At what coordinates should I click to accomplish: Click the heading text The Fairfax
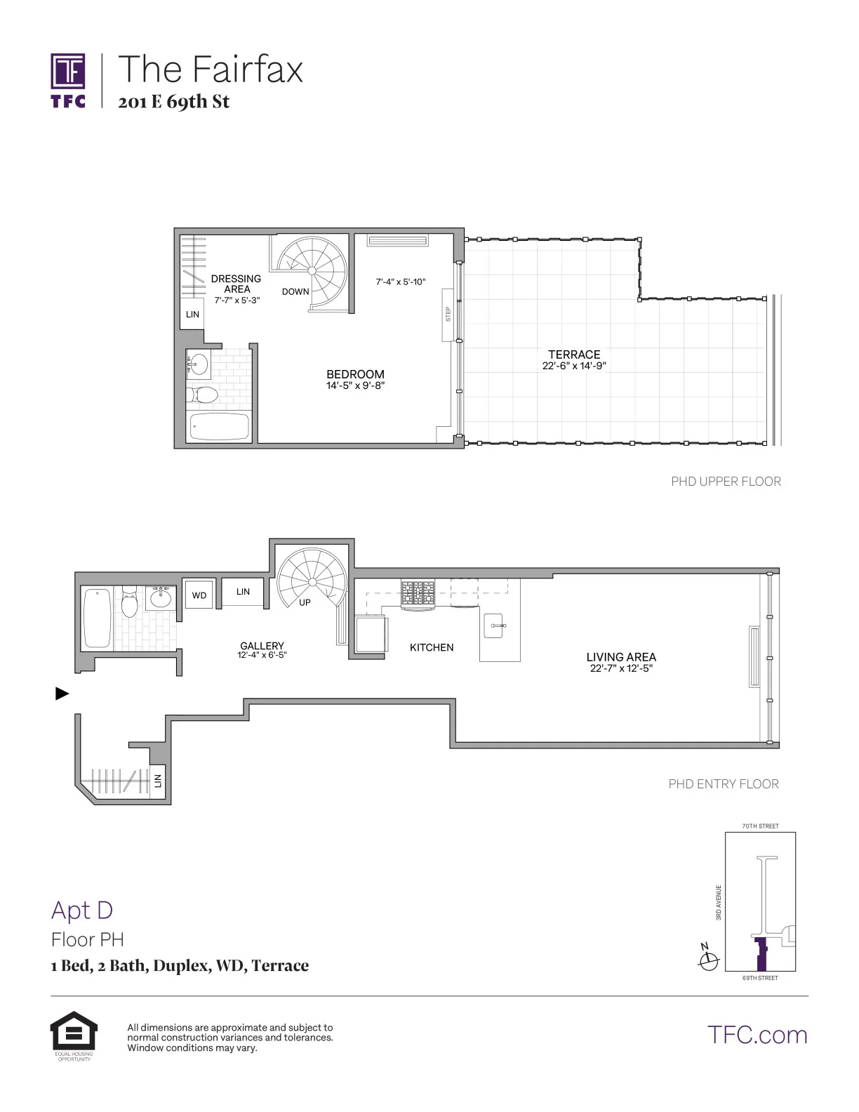point(211,69)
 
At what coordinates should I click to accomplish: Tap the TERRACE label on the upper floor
point(574,355)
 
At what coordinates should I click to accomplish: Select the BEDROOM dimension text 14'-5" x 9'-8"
point(355,385)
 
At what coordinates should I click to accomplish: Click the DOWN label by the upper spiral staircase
point(295,291)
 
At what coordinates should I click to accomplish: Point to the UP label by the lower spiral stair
point(305,602)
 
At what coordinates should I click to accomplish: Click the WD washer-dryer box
point(199,595)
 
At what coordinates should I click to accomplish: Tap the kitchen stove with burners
point(418,593)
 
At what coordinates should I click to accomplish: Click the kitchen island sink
point(494,625)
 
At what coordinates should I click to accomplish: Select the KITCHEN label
point(432,647)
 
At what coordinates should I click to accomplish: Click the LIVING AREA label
point(621,657)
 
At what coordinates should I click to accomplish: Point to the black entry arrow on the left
point(62,694)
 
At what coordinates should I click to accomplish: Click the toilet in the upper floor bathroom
point(204,394)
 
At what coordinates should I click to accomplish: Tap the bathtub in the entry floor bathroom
point(98,618)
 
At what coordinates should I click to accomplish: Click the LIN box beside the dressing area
point(192,315)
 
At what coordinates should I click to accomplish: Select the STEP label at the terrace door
point(448,314)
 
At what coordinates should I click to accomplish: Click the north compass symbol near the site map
point(708,960)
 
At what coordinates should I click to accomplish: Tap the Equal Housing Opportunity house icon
point(74,1031)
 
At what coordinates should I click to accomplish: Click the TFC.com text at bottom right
point(757,1035)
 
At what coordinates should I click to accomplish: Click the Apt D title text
point(82,910)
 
